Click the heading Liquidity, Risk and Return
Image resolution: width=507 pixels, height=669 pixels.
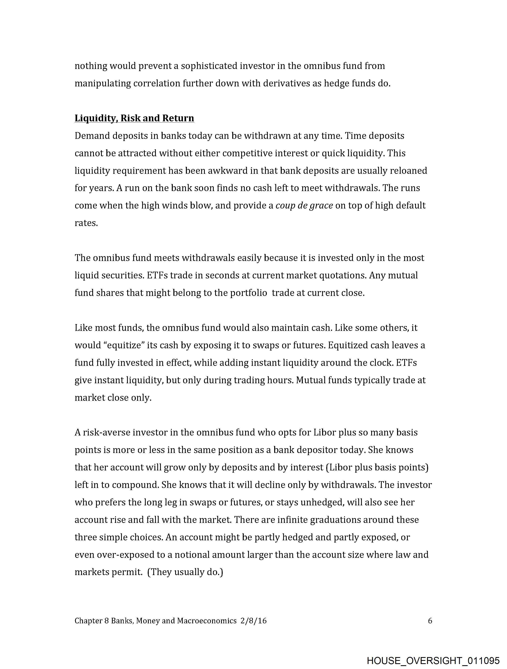click(134, 118)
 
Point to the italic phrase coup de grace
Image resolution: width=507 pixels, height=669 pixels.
click(304, 206)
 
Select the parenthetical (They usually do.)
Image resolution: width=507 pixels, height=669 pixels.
click(185, 572)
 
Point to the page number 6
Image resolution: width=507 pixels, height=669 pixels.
click(430, 621)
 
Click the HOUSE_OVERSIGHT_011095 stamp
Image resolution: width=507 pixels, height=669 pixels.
click(433, 660)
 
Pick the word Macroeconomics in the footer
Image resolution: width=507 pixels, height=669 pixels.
click(207, 621)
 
